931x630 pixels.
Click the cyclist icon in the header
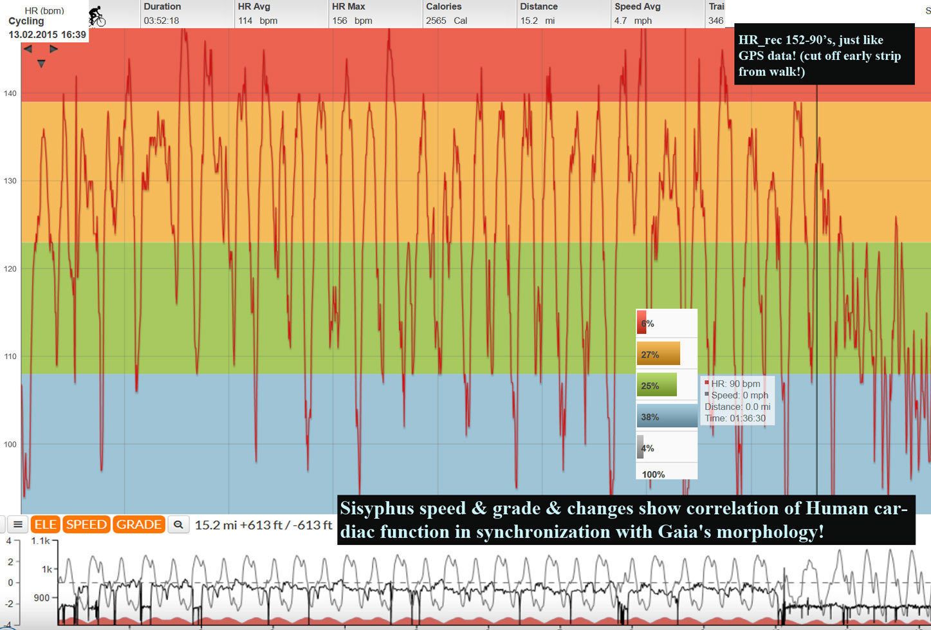97,15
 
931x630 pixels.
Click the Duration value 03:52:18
161,21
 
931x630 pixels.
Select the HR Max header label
349,6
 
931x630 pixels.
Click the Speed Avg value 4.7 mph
633,21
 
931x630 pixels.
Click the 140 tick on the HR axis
10,93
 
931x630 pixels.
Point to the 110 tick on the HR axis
10,357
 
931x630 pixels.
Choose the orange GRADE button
138,524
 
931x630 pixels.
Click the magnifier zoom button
178,525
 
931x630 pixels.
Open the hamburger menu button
18,524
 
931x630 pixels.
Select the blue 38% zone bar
667,416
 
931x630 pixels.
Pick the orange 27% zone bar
658,354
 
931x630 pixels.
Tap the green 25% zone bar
657,385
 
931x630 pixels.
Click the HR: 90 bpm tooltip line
735,384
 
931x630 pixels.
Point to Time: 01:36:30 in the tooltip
735,418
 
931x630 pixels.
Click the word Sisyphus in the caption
376,508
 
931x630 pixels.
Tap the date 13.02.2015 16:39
47,35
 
